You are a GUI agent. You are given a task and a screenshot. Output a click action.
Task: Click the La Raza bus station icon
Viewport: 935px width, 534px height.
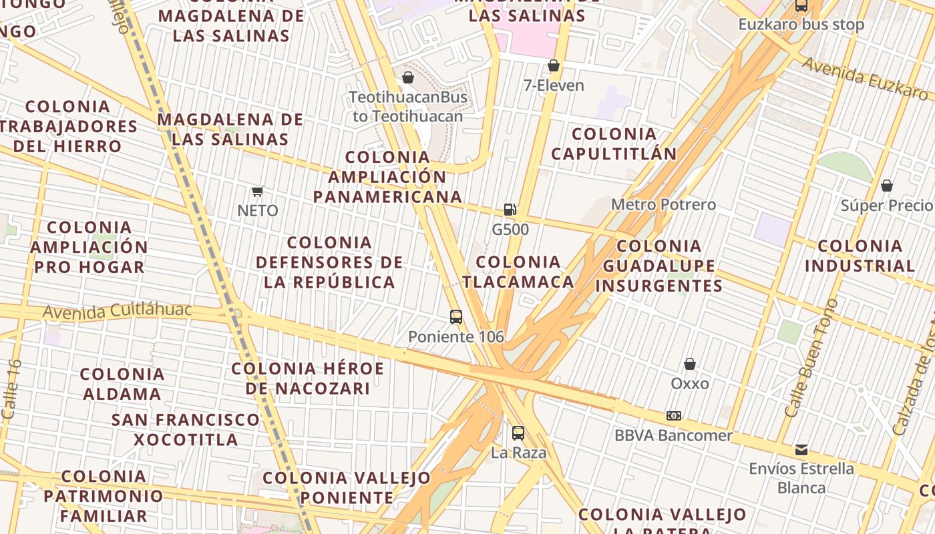tap(518, 433)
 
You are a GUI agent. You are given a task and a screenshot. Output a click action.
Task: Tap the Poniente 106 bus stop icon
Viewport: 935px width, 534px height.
tap(456, 317)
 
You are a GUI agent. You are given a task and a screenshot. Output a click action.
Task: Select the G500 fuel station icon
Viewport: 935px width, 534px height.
tap(510, 210)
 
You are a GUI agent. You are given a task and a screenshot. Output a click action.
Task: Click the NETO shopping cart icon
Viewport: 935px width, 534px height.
tap(258, 192)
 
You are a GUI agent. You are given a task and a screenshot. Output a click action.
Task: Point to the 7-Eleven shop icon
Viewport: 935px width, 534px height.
tap(553, 65)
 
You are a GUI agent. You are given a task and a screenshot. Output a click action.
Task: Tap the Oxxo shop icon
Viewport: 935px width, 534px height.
tap(690, 364)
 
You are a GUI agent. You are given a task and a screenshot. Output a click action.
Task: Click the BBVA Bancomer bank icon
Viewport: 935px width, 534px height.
tap(673, 416)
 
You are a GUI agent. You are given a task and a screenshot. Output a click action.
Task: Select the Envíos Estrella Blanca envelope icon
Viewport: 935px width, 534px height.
tap(801, 449)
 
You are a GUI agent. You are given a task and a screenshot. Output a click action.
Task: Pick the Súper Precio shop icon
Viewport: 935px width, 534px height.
tap(887, 186)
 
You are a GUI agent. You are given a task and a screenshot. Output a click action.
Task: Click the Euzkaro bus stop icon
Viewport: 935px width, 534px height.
tap(801, 6)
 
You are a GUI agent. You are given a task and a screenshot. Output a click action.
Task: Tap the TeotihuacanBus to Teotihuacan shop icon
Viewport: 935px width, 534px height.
tap(408, 78)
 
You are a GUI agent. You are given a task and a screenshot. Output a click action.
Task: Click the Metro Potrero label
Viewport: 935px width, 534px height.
tap(663, 204)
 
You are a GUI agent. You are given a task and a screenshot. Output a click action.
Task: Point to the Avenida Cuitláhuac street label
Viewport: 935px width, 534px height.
tap(117, 311)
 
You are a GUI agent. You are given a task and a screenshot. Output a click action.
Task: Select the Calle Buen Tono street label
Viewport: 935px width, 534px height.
tap(811, 358)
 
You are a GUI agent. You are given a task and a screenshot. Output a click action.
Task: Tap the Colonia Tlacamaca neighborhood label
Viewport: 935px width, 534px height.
tap(518, 271)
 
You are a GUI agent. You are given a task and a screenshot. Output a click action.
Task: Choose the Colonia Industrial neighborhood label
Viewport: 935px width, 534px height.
tap(860, 256)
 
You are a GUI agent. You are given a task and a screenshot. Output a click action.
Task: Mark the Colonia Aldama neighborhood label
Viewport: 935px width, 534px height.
tap(122, 384)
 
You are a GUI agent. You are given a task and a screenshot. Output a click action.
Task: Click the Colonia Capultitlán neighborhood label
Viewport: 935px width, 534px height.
tap(614, 144)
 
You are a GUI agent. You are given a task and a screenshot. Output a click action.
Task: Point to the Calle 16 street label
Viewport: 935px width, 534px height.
tap(11, 390)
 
